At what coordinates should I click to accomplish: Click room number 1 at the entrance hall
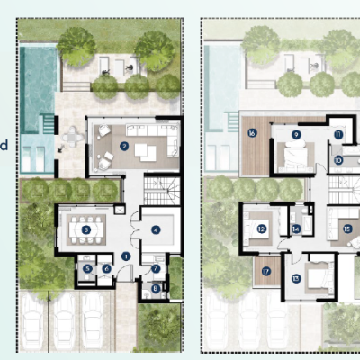click(x=126, y=256)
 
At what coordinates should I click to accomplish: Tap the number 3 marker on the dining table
click(x=85, y=230)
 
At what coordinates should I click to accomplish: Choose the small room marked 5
click(x=88, y=268)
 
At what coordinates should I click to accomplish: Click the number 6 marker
click(x=106, y=268)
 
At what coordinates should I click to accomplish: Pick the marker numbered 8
click(x=156, y=289)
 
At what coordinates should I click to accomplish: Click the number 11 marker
click(x=338, y=134)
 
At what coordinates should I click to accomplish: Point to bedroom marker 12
click(x=261, y=229)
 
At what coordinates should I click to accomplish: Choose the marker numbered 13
click(x=296, y=278)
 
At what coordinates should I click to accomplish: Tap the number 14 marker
click(x=296, y=229)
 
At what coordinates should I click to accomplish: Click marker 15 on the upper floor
click(x=347, y=229)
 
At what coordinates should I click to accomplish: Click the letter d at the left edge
click(x=4, y=144)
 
